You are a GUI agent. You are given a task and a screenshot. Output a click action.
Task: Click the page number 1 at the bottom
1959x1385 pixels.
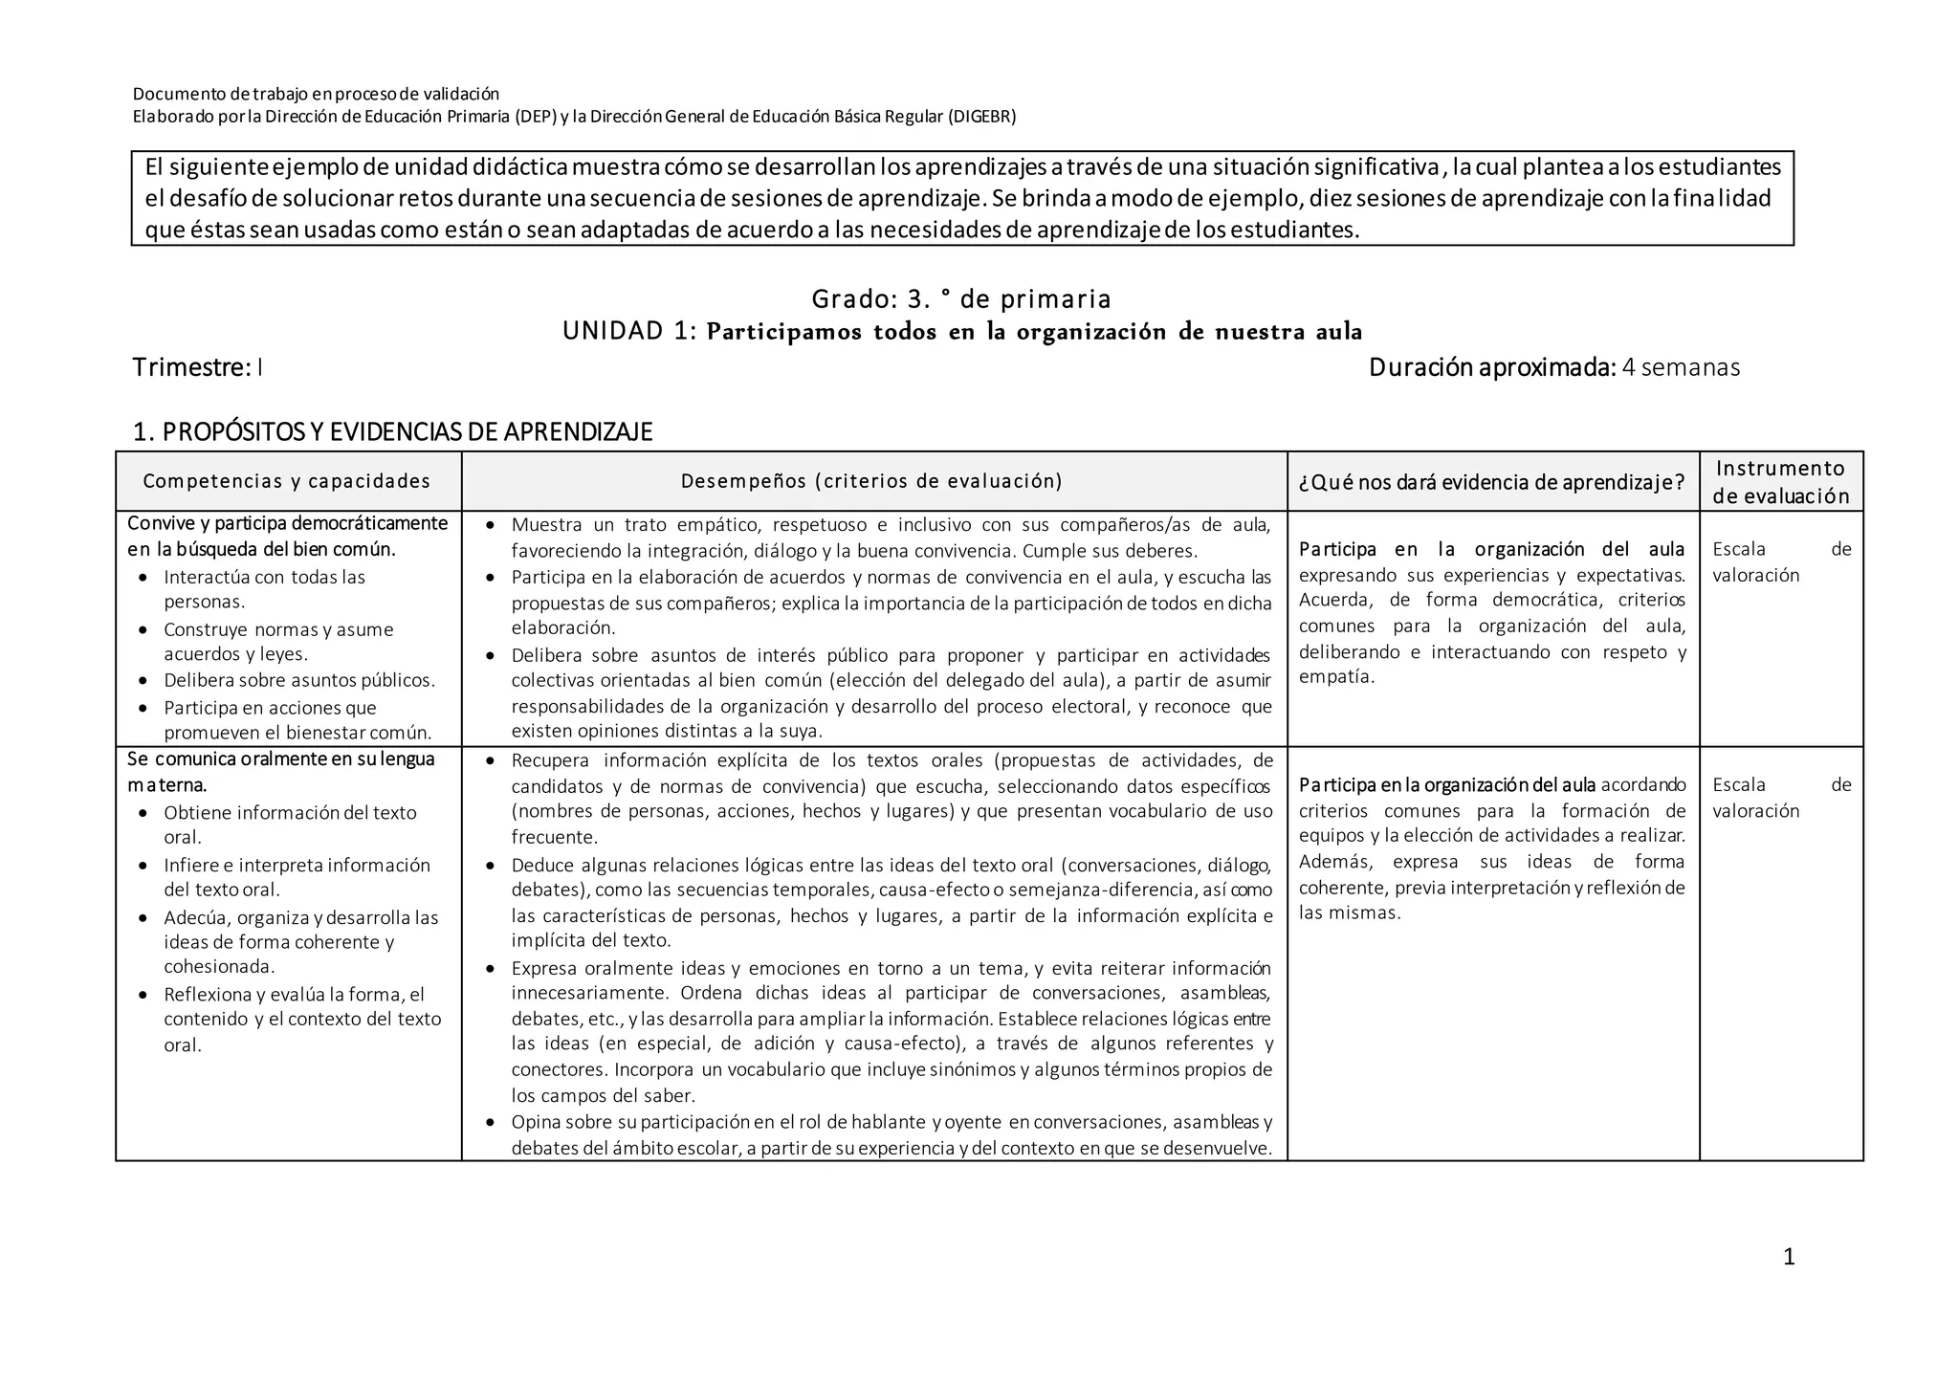pos(1789,1257)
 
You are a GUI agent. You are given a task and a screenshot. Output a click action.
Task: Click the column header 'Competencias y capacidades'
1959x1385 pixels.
pos(287,481)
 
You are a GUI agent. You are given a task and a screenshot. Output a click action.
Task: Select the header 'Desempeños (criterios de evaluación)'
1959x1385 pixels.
pos(871,481)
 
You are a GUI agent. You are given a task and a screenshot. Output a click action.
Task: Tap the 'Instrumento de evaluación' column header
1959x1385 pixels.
pos(1780,481)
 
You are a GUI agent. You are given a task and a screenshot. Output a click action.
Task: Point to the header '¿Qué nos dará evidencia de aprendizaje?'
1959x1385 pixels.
pos(1491,482)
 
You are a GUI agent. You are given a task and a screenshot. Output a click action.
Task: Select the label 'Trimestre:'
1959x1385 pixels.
pos(191,367)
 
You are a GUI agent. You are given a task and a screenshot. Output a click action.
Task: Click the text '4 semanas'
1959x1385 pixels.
pos(1681,367)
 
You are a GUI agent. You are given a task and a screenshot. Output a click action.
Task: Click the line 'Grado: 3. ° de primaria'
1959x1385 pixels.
pos(960,299)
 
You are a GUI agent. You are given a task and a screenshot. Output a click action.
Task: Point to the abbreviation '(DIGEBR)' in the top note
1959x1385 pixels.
pos(981,117)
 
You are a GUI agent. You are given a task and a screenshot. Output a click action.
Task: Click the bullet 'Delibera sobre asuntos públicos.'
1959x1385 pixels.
pos(298,680)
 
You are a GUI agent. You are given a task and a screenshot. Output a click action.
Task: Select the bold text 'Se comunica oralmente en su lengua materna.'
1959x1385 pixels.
pos(280,771)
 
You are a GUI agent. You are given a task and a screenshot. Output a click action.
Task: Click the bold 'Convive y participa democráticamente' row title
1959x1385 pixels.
pos(287,523)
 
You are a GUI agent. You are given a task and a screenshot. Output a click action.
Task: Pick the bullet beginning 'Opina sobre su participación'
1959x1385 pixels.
pos(891,1134)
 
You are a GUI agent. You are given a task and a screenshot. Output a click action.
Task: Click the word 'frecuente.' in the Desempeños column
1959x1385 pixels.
pos(554,837)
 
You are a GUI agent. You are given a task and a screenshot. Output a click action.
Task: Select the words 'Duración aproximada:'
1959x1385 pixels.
pos(1491,367)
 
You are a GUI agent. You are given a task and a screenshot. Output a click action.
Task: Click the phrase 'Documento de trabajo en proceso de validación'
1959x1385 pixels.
pos(316,94)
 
